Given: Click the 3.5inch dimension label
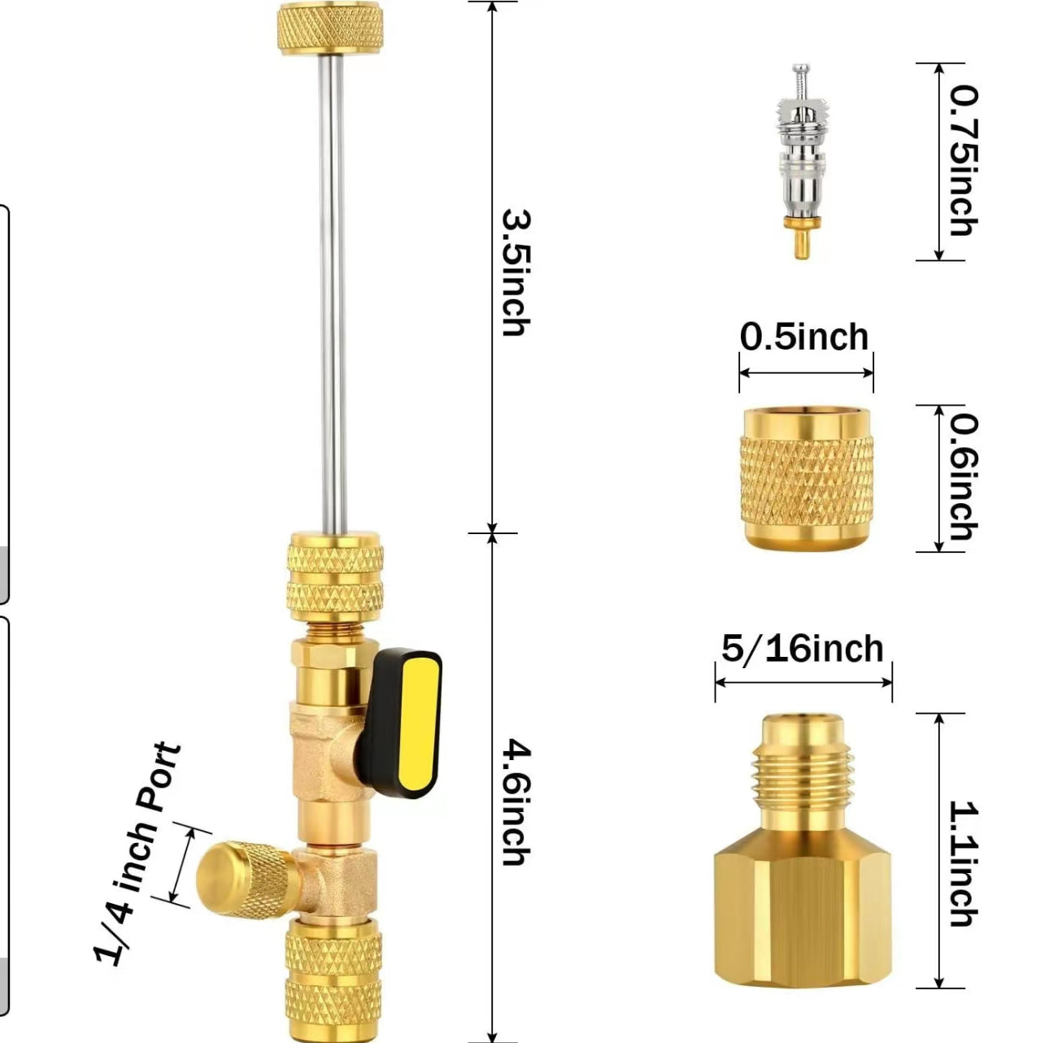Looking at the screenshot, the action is pyautogui.click(x=515, y=272).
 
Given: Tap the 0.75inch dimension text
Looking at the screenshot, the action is pyautogui.click(x=964, y=162).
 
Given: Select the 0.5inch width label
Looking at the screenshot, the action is pyautogui.click(x=804, y=337).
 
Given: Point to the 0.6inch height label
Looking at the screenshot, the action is pyautogui.click(x=964, y=476).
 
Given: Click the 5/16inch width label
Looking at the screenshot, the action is pyautogui.click(x=803, y=649).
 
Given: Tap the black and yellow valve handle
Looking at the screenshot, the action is pyautogui.click(x=400, y=723).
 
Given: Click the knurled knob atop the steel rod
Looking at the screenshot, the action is pyautogui.click(x=330, y=28).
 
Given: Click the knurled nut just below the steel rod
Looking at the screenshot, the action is pyautogui.click(x=335, y=577).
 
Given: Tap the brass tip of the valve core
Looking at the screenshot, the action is pyautogui.click(x=800, y=237).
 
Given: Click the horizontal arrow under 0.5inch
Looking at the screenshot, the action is pyautogui.click(x=806, y=373).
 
